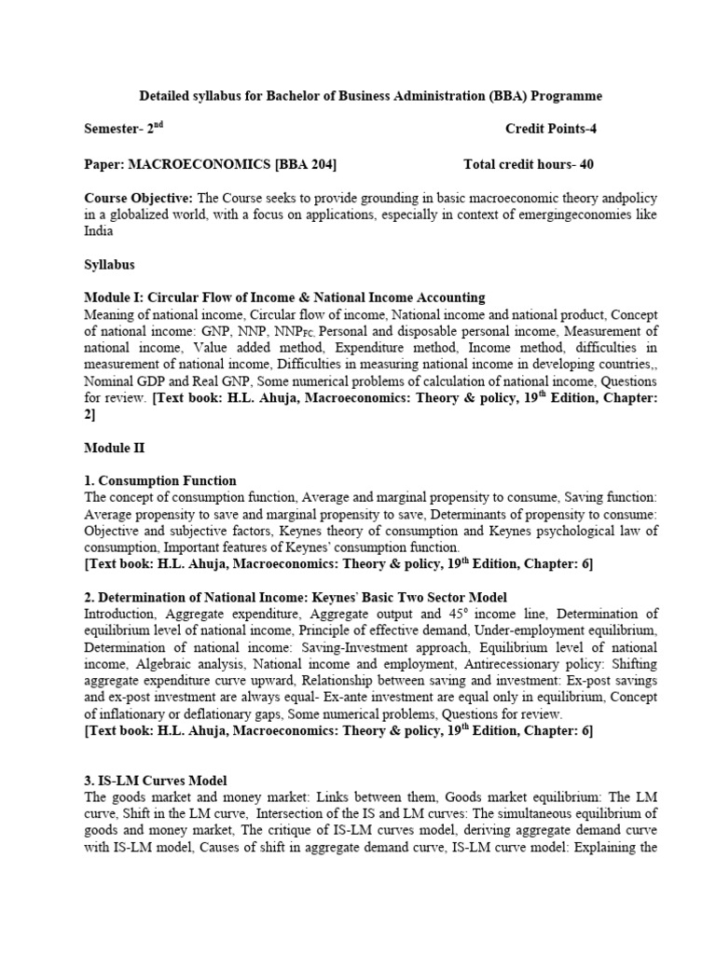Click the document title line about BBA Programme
(x=370, y=96)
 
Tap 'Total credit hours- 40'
(x=528, y=165)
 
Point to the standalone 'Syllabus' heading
(x=110, y=265)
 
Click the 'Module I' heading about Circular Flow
(x=284, y=298)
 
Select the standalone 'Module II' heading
(x=114, y=449)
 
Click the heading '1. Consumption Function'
(x=160, y=481)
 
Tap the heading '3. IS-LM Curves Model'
(x=156, y=780)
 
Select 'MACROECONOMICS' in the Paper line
(x=200, y=165)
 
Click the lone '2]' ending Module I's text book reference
(x=90, y=415)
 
